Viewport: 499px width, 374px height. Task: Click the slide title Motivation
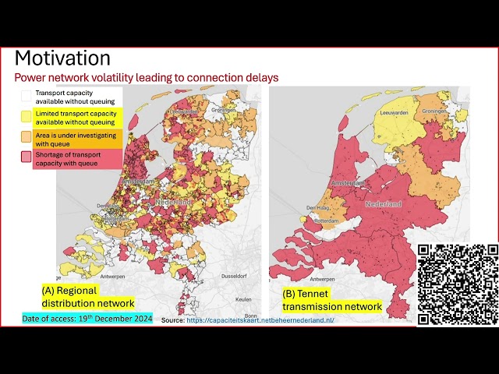click(x=63, y=58)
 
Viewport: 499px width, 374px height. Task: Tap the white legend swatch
click(x=26, y=96)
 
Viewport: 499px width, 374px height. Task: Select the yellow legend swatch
click(x=26, y=117)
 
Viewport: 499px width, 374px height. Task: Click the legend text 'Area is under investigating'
click(x=73, y=135)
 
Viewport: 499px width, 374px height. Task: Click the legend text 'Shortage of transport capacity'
click(x=73, y=154)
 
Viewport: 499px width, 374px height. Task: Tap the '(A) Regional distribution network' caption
click(x=87, y=297)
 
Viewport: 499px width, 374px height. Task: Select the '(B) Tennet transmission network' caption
click(x=331, y=300)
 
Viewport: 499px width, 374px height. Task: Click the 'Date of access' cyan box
click(x=87, y=319)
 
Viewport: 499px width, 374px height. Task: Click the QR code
click(x=458, y=284)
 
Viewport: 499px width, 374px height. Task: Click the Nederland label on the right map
click(x=383, y=204)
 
